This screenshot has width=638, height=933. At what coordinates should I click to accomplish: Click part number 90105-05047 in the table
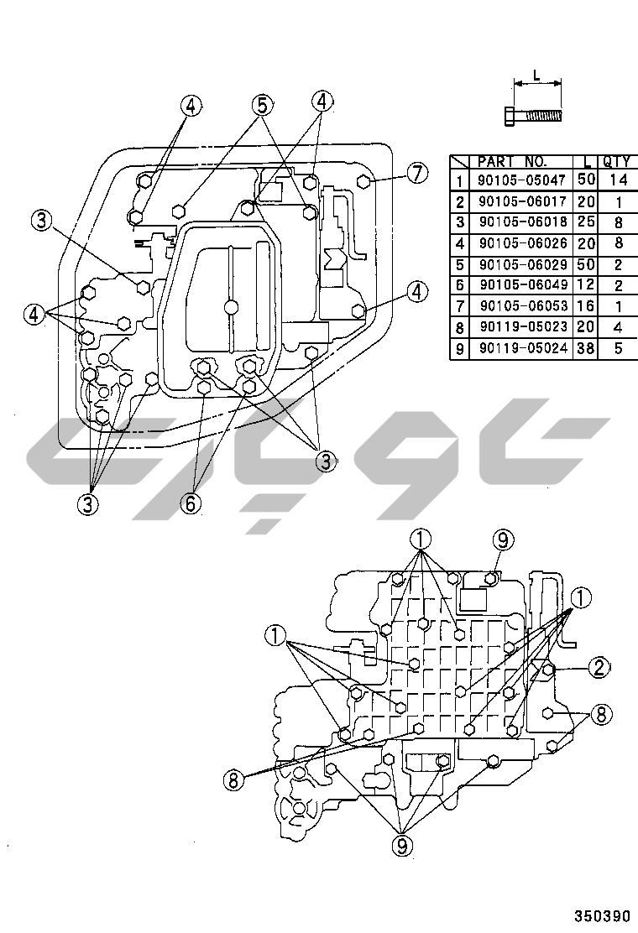point(521,180)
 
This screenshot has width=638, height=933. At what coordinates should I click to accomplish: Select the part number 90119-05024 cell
point(522,348)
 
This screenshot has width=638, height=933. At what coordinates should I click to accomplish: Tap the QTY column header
point(616,161)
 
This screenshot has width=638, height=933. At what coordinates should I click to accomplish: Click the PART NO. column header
point(512,161)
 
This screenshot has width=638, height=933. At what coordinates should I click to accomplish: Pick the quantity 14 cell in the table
point(619,180)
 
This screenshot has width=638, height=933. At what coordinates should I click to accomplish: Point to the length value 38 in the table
point(586,348)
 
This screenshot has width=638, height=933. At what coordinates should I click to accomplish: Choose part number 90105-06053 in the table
point(523,306)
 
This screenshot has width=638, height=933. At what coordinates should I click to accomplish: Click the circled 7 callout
point(417,173)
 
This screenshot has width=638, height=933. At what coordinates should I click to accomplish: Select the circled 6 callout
point(191,504)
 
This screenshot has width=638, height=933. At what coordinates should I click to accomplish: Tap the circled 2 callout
point(599,667)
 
